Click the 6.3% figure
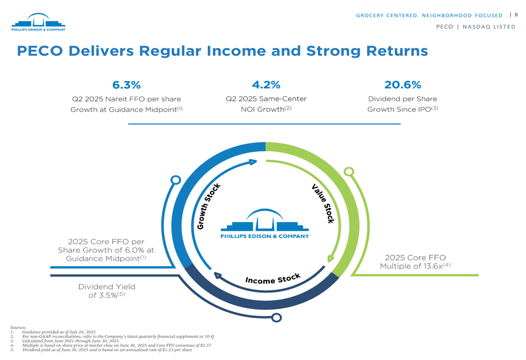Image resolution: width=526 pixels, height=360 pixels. click(126, 85)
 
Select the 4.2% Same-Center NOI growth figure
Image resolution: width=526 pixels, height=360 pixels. click(266, 85)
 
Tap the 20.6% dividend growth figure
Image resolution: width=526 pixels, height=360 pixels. click(402, 85)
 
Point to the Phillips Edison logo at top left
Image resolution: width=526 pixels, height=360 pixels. click(38, 22)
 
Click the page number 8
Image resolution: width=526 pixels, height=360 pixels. click(516, 14)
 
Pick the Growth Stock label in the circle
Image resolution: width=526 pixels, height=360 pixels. click(209, 206)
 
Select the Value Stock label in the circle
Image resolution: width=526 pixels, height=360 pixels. click(323, 203)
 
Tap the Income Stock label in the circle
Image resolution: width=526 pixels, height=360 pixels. click(272, 279)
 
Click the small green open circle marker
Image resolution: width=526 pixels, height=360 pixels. click(349, 172)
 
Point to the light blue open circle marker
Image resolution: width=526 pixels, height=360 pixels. click(176, 180)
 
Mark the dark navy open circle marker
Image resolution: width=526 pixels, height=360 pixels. click(277, 317)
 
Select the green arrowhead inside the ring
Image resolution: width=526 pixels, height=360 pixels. click(330, 259)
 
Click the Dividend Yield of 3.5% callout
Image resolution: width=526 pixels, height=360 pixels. click(107, 291)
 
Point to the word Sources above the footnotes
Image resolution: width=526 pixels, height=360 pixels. click(18, 327)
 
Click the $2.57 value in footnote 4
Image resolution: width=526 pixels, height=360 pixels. click(205, 345)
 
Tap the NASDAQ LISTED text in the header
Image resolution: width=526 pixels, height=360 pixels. click(489, 27)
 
